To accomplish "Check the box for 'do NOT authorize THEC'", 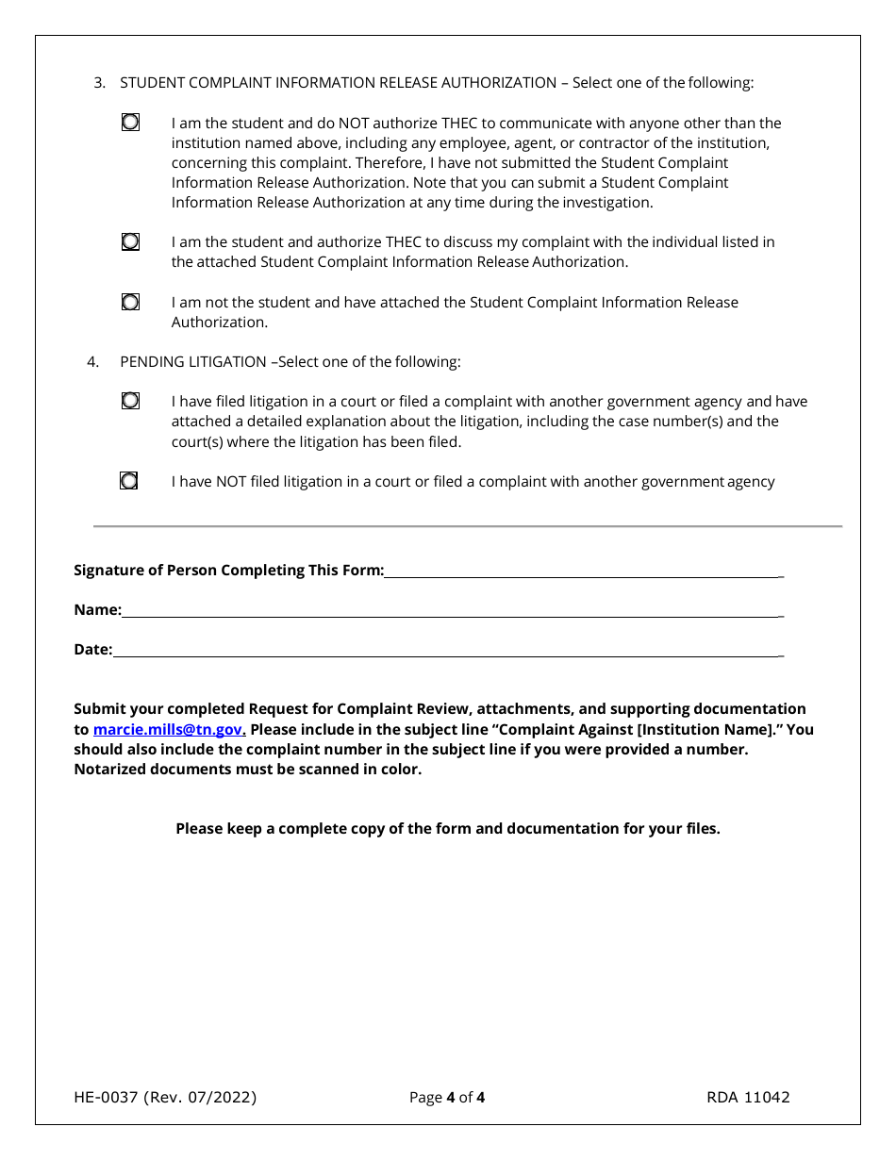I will (x=130, y=123).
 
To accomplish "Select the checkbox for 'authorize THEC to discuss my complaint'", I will (x=130, y=242).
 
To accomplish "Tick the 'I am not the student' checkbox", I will (x=130, y=302).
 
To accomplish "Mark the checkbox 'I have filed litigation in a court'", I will (x=130, y=401).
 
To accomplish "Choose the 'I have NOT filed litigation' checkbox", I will (x=129, y=481).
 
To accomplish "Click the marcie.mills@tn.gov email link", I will (x=168, y=729).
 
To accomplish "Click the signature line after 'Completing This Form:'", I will (x=580, y=572).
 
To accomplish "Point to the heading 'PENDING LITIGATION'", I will (x=192, y=361).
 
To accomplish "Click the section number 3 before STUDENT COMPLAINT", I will (x=98, y=83).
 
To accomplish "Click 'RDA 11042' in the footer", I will (x=748, y=1097).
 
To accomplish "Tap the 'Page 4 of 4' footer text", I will (x=447, y=1097).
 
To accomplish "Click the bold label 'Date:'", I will (x=92, y=649).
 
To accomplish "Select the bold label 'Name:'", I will (x=97, y=609).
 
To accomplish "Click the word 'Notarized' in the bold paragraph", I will (x=108, y=769).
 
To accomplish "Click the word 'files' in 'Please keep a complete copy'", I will (x=701, y=829).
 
